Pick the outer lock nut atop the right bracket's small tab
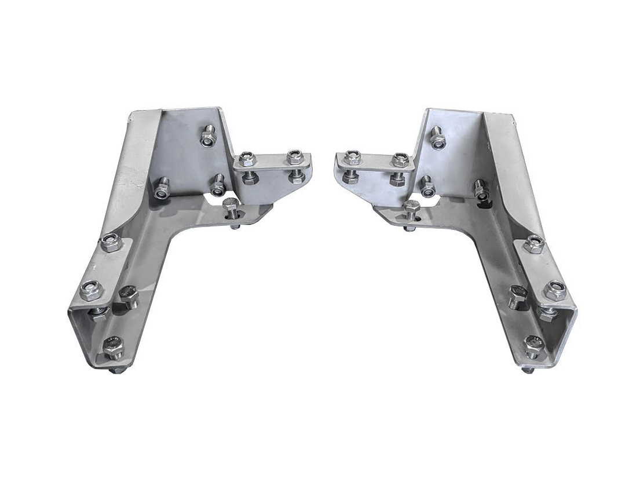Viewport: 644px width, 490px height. coord(351,156)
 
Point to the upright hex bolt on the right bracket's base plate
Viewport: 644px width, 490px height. coord(412,207)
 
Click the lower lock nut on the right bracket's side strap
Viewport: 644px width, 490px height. coord(555,288)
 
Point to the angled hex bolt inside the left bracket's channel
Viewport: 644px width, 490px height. coord(129,297)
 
